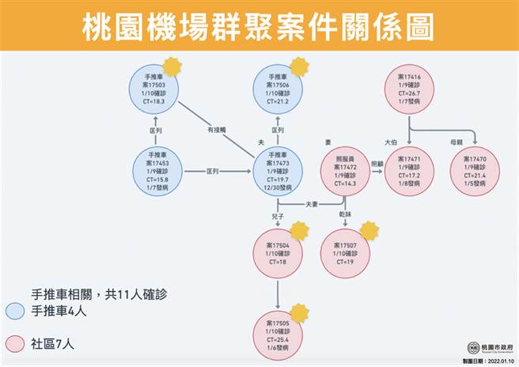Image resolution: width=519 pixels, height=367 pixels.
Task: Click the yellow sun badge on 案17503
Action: pyautogui.click(x=173, y=65)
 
